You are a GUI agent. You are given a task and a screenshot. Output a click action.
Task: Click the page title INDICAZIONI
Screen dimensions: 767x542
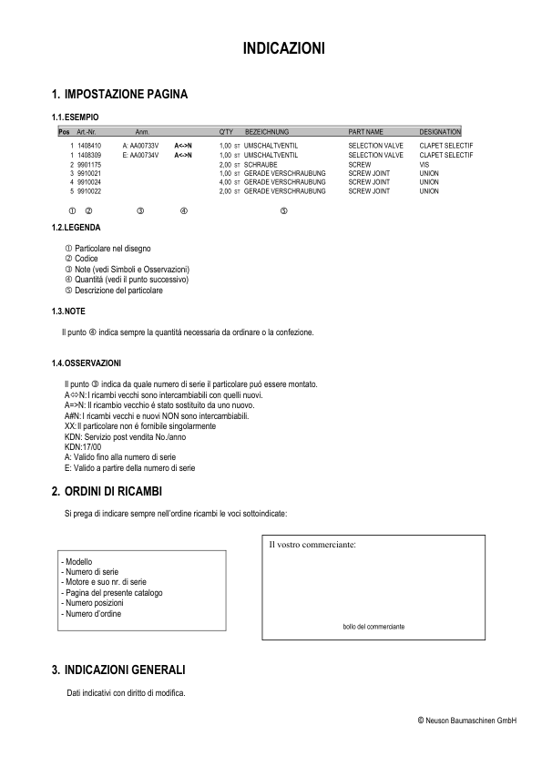283,47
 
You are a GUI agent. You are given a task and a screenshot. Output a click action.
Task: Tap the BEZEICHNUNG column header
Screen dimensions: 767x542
267,132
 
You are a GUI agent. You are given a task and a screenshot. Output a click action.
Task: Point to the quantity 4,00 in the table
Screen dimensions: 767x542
227,183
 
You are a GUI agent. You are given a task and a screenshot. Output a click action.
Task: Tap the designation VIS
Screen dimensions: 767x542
424,165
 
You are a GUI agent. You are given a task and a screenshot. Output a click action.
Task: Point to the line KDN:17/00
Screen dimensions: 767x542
83,447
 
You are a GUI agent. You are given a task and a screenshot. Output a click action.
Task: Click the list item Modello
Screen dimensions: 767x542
77,563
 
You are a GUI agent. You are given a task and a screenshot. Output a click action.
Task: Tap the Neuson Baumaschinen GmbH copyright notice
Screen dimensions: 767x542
467,721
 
